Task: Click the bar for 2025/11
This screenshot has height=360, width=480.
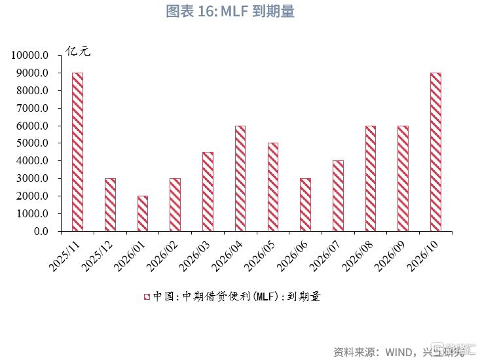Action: (77, 152)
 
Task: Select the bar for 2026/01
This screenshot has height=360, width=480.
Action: (143, 213)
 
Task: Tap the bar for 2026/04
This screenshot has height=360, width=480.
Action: (240, 178)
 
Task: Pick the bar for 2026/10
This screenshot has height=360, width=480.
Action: (435, 152)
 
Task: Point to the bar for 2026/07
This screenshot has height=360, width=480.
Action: (338, 196)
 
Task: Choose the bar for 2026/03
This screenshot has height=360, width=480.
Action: (208, 191)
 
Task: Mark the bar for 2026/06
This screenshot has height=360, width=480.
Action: (305, 204)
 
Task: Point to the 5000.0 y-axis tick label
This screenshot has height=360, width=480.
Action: (33, 143)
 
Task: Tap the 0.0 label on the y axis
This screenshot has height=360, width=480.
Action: (41, 231)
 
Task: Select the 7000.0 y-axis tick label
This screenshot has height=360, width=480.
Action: (33, 108)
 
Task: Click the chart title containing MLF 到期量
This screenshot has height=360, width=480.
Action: (239, 12)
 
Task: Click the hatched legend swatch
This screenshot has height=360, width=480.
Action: (147, 297)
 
